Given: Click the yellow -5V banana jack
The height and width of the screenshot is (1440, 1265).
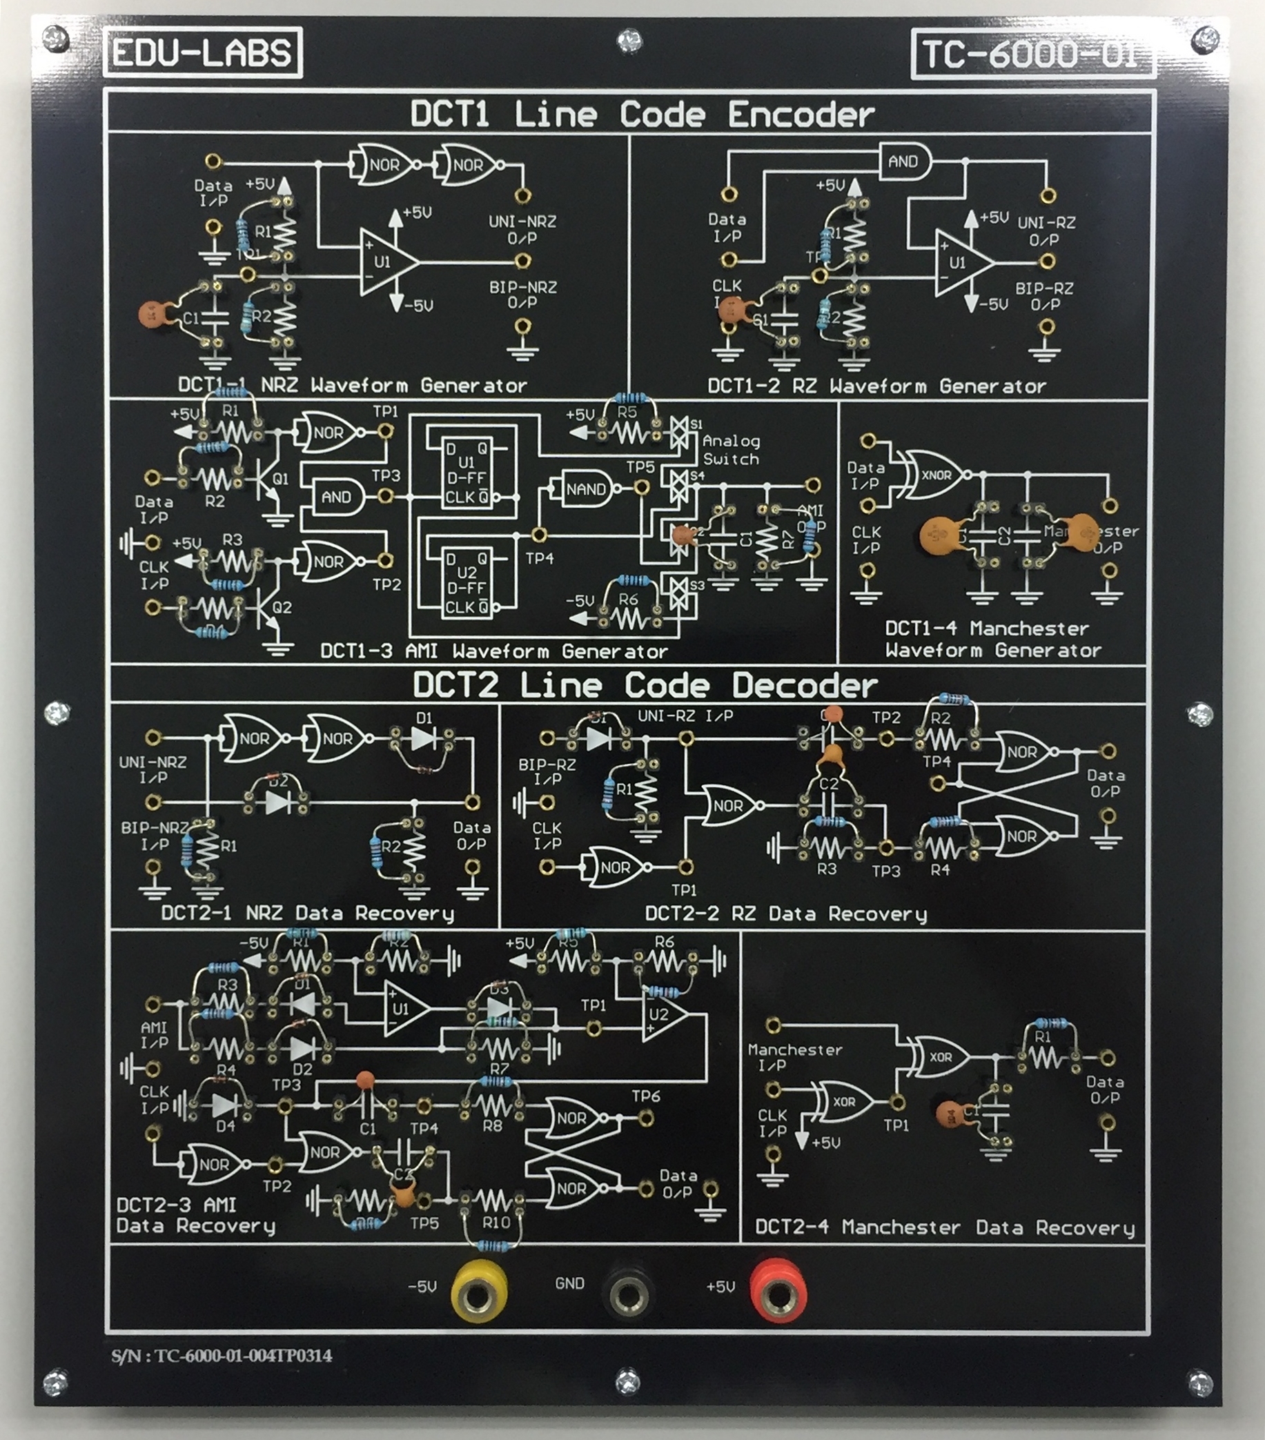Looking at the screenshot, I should tap(479, 1292).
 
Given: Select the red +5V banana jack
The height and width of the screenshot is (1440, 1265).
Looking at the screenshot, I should tap(778, 1292).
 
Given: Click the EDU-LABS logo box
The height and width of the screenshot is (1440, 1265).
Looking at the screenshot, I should tap(202, 53).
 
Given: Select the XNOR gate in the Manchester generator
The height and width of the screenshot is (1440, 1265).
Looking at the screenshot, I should tap(935, 475).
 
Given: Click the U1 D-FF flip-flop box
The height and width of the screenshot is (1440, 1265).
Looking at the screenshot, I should tap(467, 472).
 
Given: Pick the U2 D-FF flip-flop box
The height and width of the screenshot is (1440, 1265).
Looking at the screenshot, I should tap(467, 582).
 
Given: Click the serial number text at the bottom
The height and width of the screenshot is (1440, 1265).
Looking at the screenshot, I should tap(222, 1355).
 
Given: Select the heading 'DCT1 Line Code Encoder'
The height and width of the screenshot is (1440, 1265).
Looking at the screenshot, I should tap(642, 114).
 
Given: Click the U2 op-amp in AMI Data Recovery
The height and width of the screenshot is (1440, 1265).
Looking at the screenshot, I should tap(663, 1014).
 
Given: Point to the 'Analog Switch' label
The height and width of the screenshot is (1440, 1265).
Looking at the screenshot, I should tap(732, 450).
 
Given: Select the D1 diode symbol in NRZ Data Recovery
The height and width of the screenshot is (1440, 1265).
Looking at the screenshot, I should tap(423, 738).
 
